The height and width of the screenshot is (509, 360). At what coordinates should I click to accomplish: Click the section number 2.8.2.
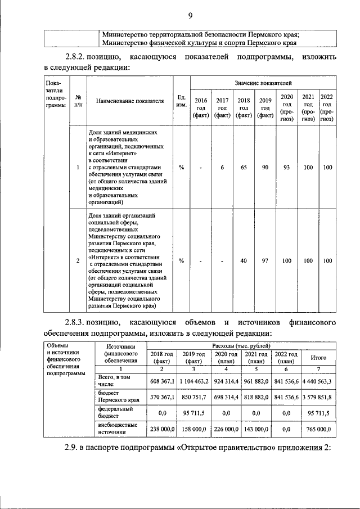tap(80, 57)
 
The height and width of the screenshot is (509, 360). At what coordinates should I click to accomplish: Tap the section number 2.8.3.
tap(80, 323)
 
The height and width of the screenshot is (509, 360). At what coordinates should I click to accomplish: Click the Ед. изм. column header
tap(181, 101)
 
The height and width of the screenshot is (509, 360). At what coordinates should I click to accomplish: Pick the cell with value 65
tap(244, 167)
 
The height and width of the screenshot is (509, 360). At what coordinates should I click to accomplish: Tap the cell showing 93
tap(287, 167)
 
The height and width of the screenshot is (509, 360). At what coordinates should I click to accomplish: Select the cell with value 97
tap(265, 260)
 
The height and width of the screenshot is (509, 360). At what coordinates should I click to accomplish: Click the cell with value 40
tap(244, 260)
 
